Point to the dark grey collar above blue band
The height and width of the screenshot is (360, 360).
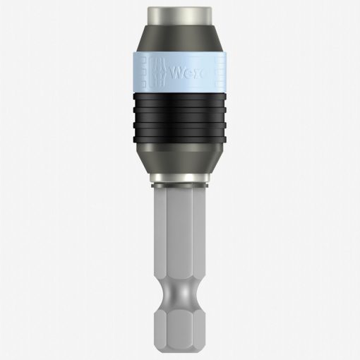point(180,40)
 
